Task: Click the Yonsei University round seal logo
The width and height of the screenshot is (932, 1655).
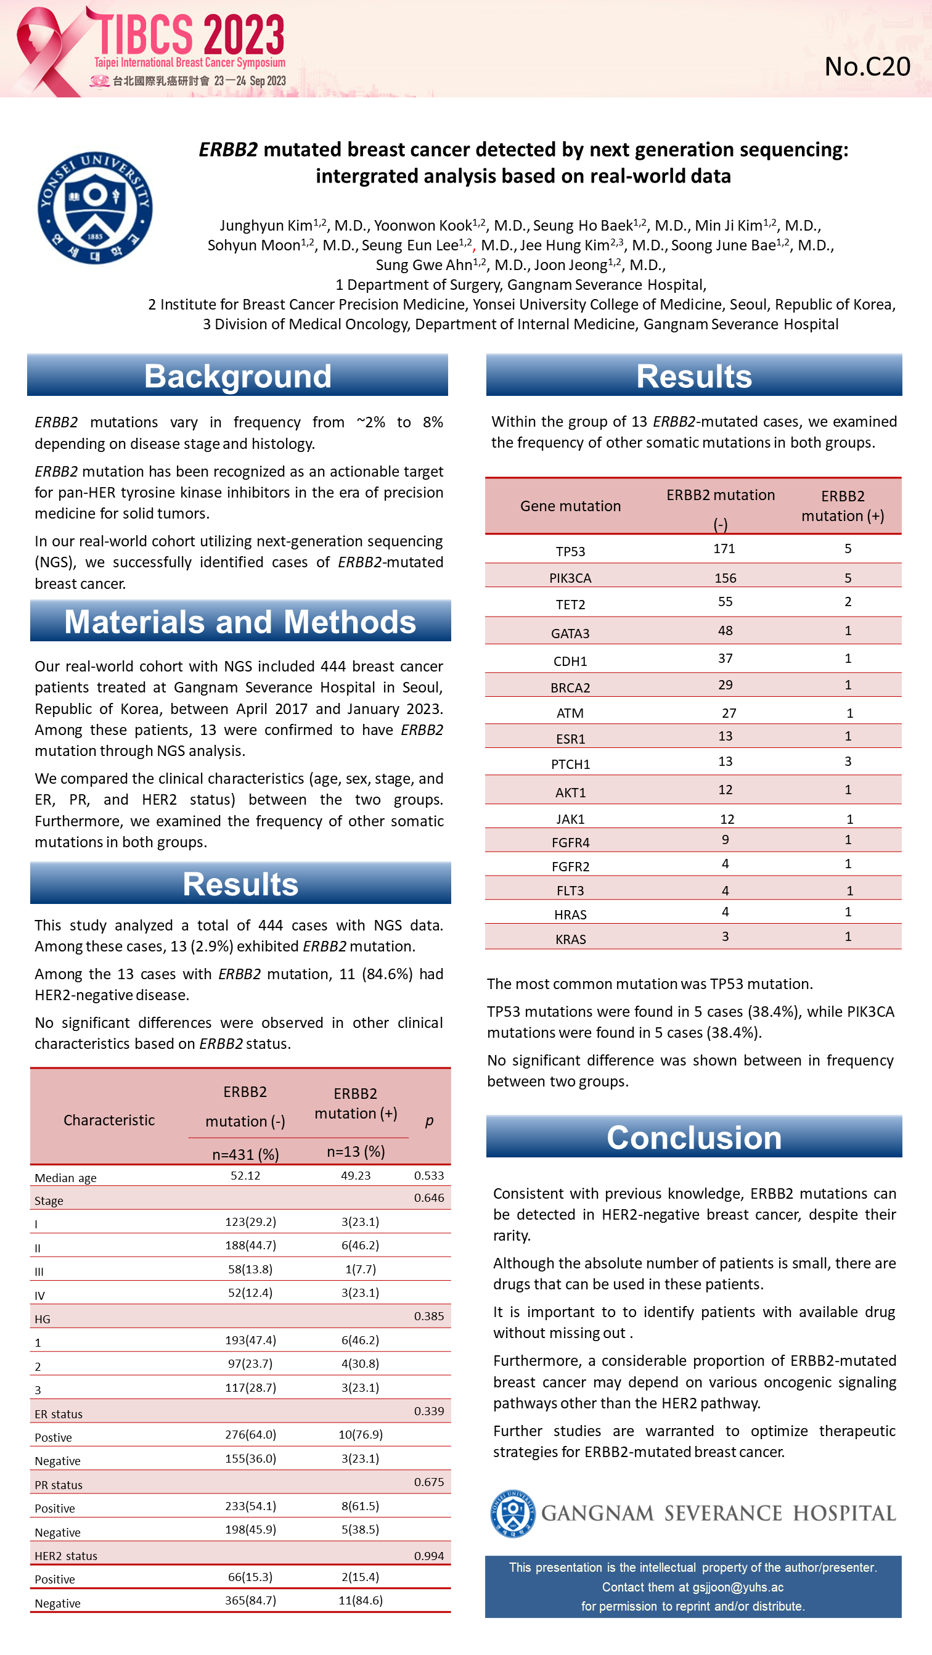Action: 95,208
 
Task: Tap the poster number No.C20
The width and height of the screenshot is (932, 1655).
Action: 867,67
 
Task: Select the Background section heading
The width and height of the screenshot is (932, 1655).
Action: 237,376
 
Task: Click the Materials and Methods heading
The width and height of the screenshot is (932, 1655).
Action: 240,622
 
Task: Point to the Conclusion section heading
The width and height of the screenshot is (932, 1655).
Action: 693,1138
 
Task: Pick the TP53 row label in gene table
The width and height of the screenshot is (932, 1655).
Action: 570,551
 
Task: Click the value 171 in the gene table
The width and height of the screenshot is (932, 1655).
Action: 724,549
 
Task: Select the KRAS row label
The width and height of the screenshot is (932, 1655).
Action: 570,938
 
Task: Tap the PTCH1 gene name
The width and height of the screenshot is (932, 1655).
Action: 570,764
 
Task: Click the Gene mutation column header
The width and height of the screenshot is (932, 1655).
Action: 570,506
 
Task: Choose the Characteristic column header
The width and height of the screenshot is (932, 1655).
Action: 109,1120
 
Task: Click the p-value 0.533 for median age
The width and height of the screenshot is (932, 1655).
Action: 428,1175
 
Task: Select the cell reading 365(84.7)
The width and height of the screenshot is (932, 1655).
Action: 250,1600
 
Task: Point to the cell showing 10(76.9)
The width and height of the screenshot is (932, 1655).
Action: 361,1434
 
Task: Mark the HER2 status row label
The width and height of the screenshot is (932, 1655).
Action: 66,1556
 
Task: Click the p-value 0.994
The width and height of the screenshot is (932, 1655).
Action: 428,1556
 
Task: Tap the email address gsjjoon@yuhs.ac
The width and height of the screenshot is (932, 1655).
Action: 737,1587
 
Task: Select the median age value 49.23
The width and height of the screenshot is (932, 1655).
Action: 355,1175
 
